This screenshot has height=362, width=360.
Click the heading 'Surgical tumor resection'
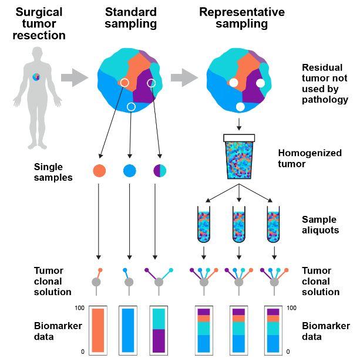[x=39, y=23]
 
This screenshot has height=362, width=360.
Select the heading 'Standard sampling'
[x=131, y=18]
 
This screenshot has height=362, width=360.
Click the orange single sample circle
[x=100, y=171]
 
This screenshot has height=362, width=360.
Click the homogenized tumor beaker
[x=239, y=156]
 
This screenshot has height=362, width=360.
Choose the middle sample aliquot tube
[x=239, y=224]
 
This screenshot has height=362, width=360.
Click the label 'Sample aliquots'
[x=320, y=225]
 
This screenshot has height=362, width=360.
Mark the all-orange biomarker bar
[x=98, y=330]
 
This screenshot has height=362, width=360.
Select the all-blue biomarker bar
[x=129, y=330]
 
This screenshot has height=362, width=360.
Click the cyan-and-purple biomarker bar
[x=159, y=330]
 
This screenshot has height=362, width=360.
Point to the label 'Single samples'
[x=52, y=172]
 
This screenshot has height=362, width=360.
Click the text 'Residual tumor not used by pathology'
[x=325, y=83]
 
